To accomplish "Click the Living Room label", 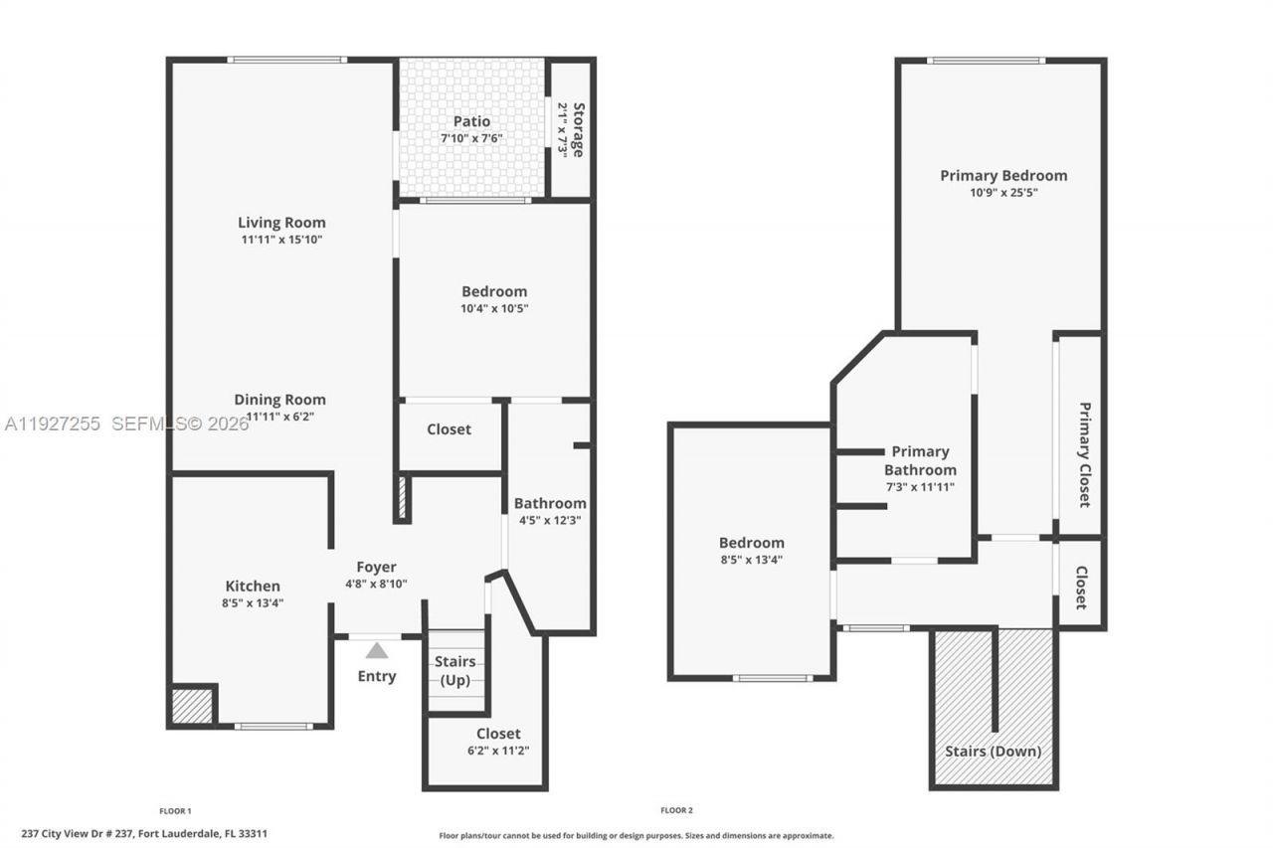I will click(x=281, y=223).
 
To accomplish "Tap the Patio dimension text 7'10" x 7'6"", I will click(x=472, y=138).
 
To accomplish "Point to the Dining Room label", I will click(x=279, y=400).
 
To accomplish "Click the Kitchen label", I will click(x=253, y=586).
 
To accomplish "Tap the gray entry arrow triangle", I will click(x=377, y=651).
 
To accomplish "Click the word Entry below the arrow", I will click(x=377, y=676).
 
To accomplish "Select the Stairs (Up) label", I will click(x=455, y=671).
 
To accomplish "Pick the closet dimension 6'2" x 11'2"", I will click(x=498, y=751).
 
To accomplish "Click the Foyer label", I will click(x=377, y=568).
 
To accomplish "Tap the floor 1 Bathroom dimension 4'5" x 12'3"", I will click(x=550, y=520).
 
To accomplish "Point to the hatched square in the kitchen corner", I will click(x=193, y=706).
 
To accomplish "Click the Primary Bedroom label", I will click(x=1003, y=175).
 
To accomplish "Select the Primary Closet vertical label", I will click(x=1085, y=454).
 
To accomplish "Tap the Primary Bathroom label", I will click(x=920, y=460).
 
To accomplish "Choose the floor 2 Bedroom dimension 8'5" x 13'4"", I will click(x=752, y=560).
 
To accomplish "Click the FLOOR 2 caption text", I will click(x=676, y=810).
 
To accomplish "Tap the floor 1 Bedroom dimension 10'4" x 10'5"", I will click(x=494, y=308).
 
